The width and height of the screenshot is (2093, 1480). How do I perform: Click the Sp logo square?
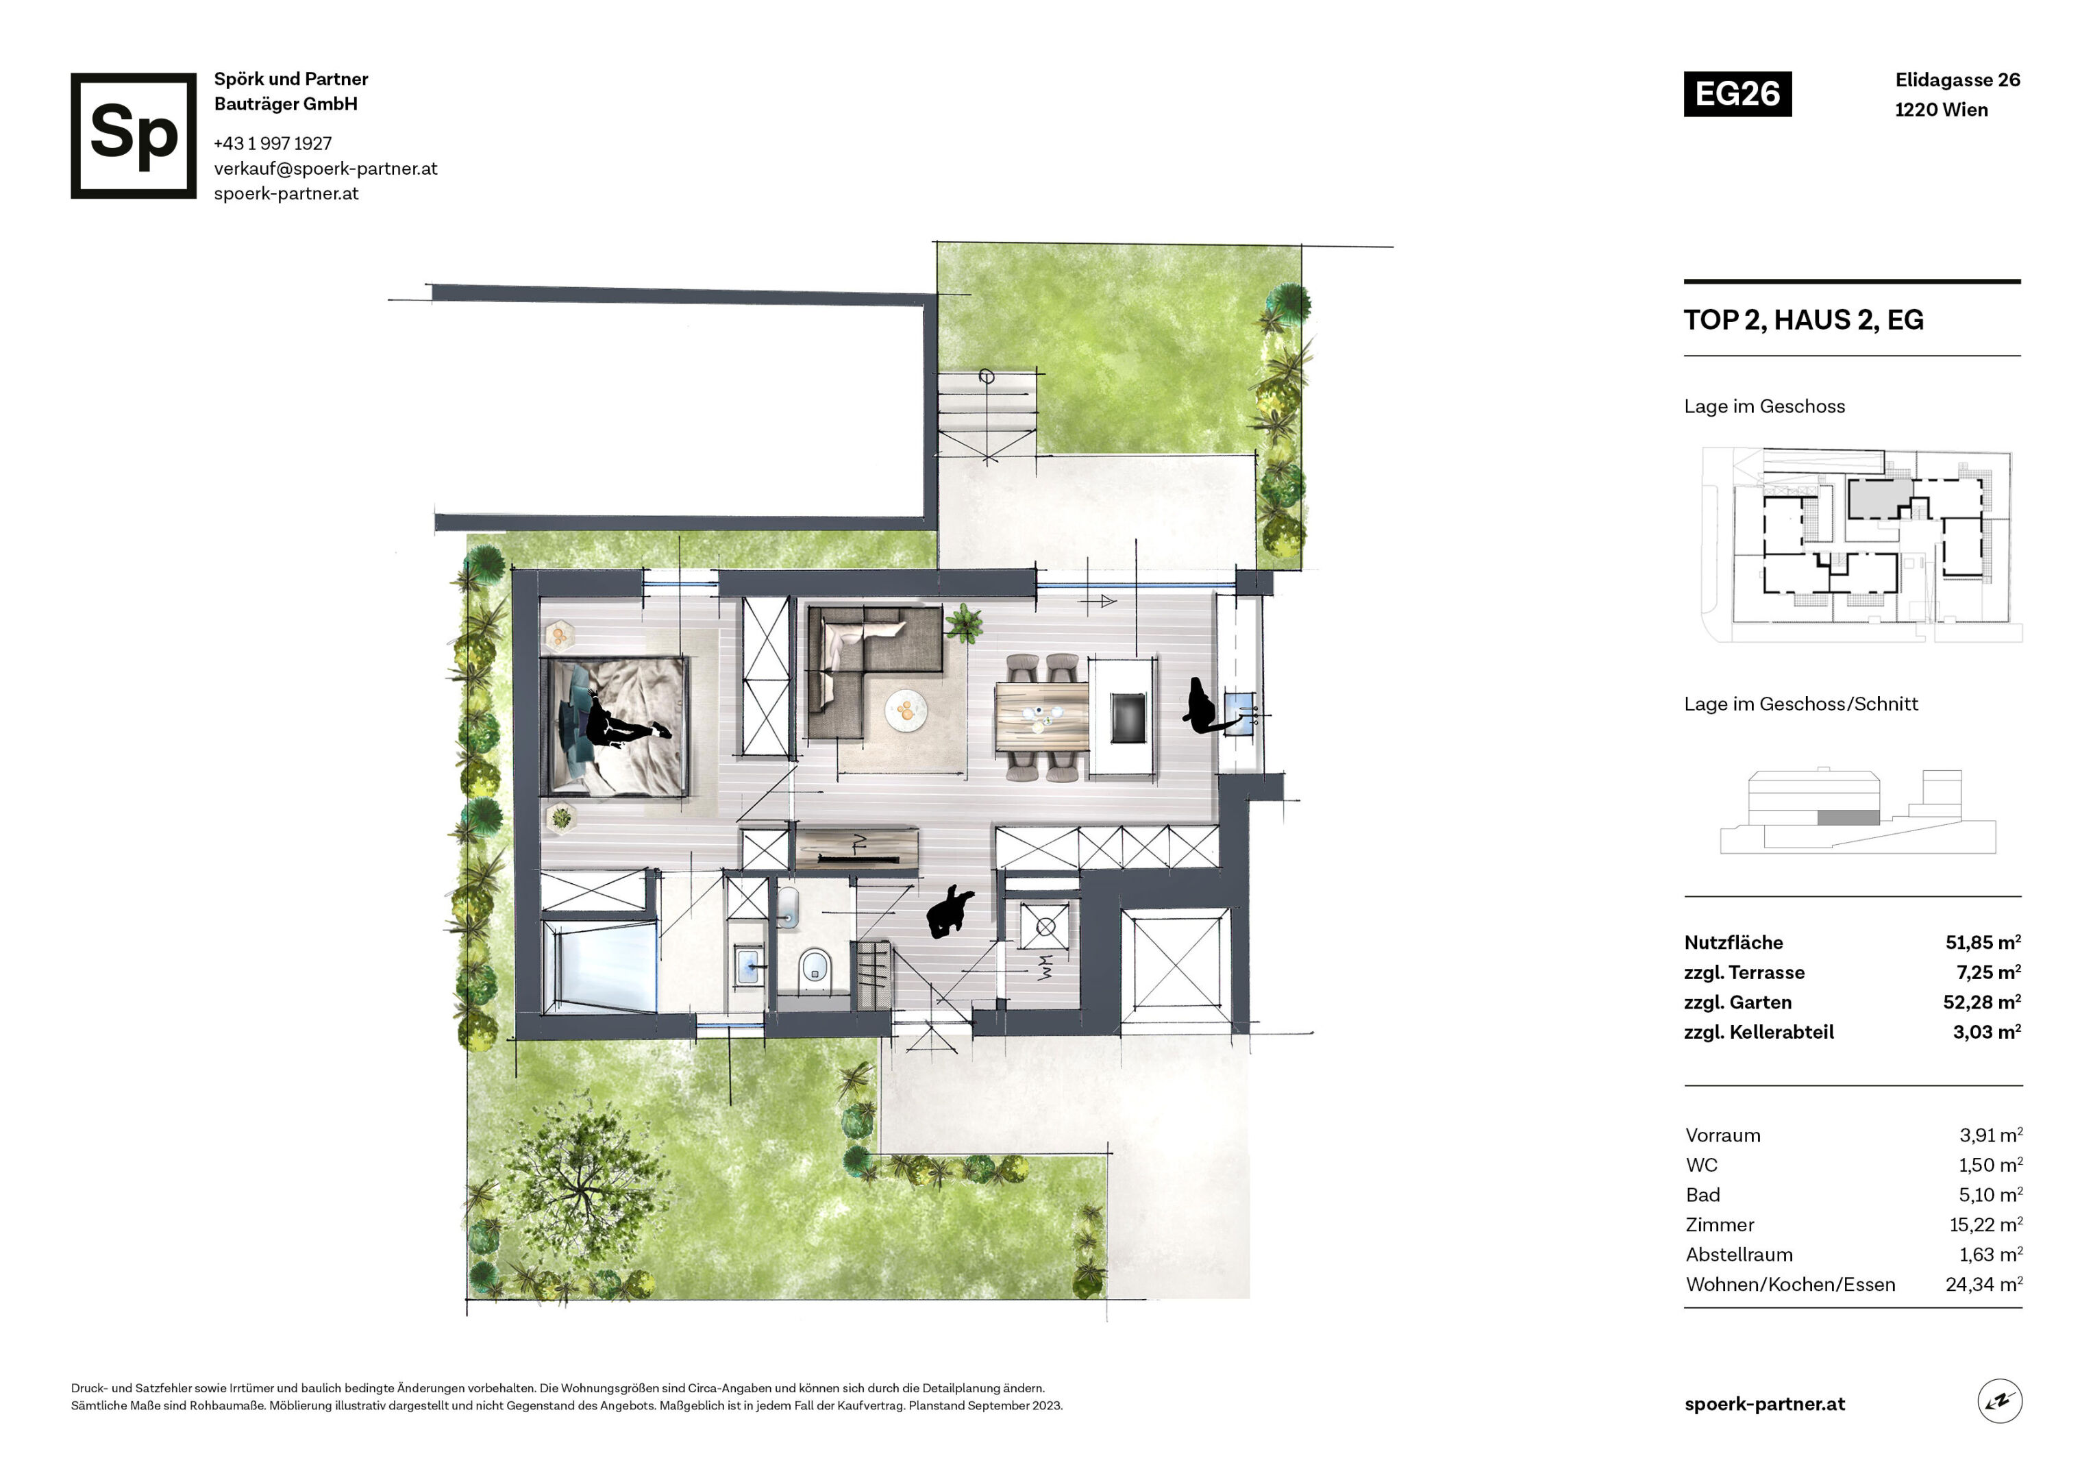click(133, 136)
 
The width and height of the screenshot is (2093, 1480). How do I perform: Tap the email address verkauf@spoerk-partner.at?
click(325, 169)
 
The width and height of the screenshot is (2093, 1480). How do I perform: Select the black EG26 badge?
click(1737, 94)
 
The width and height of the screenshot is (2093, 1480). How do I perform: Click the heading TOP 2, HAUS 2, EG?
click(1803, 320)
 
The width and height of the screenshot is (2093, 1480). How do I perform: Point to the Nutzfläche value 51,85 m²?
click(1983, 942)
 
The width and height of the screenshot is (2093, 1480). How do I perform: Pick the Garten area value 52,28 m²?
click(1982, 1002)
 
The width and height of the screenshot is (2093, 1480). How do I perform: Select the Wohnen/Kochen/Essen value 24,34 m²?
click(1983, 1285)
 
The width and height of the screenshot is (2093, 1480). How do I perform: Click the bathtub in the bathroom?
click(600, 967)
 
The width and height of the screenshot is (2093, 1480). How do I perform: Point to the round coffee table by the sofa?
click(906, 709)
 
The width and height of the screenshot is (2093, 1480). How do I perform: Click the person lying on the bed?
click(626, 723)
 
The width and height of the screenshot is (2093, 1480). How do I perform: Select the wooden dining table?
click(1042, 717)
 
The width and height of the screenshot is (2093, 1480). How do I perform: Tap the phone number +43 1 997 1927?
click(273, 143)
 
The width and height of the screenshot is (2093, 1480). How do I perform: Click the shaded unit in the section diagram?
click(1848, 818)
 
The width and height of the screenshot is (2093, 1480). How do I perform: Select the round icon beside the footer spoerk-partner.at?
click(2000, 1402)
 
